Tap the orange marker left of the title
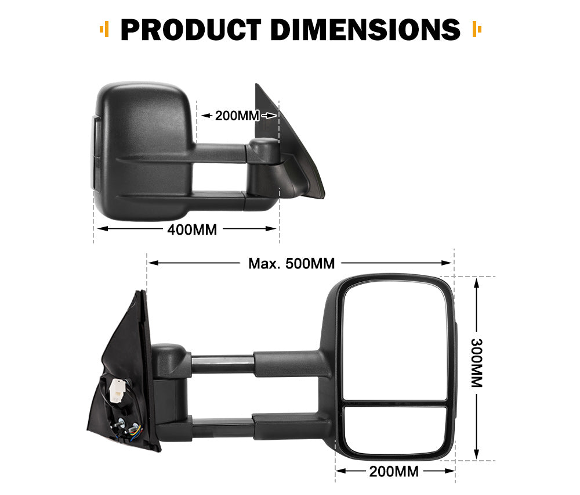pyautogui.click(x=105, y=28)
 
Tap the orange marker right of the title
pyautogui.click(x=477, y=28)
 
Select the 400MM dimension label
pyautogui.click(x=192, y=229)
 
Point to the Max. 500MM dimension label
pyautogui.click(x=292, y=263)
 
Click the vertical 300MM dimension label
pyautogui.click(x=476, y=363)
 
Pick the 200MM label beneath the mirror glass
pyautogui.click(x=394, y=471)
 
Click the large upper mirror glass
pyautogui.click(x=395, y=340)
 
